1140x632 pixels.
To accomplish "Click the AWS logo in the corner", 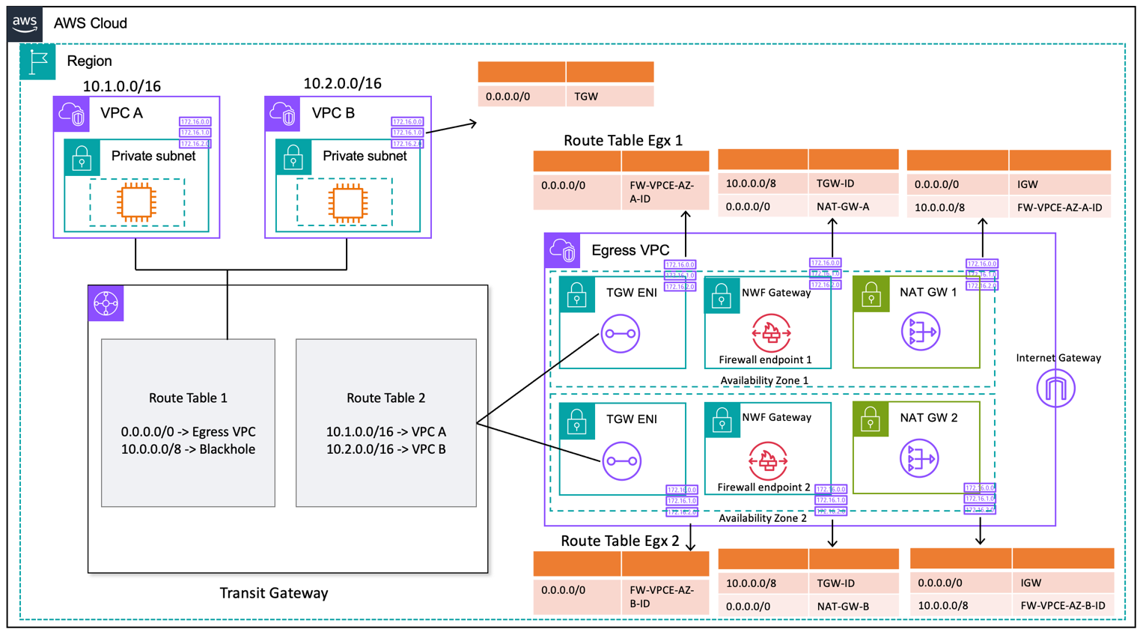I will click(25, 22).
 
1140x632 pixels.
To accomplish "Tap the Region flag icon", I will click(37, 61).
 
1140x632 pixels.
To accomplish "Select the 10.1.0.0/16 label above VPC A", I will click(121, 86).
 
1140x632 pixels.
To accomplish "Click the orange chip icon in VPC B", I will click(347, 202).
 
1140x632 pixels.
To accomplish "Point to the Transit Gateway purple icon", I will click(106, 303).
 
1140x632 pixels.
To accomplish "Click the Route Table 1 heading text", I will click(188, 398).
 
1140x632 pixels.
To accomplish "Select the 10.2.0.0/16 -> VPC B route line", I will click(385, 449).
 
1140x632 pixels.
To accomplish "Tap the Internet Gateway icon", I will click(1055, 389).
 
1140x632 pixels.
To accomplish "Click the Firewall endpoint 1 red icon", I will click(770, 332).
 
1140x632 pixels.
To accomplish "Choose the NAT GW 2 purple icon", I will click(918, 458).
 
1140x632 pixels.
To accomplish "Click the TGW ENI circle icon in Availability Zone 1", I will click(620, 333).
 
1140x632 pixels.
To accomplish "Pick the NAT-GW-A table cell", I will click(843, 207).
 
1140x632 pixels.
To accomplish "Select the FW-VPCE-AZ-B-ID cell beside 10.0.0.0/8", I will click(1062, 605).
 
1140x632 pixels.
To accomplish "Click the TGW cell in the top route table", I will click(586, 97).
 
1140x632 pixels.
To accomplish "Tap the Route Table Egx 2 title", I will click(620, 541).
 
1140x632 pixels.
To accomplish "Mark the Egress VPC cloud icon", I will click(563, 251).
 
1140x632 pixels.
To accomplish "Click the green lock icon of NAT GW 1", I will click(871, 295).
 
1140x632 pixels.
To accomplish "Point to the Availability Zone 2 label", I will click(763, 518).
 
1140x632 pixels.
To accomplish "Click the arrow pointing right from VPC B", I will click(453, 127).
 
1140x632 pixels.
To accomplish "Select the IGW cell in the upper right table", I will click(1028, 183).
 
